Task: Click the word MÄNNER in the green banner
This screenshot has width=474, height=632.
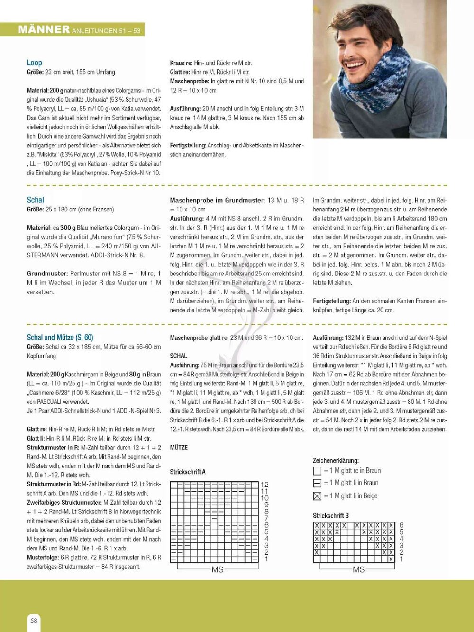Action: [x=44, y=29]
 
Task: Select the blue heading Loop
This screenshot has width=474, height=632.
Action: [x=34, y=63]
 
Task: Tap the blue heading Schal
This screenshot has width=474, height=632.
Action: [x=35, y=200]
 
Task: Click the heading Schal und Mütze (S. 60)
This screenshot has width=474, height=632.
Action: [x=60, y=338]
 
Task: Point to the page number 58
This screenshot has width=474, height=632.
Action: [x=34, y=620]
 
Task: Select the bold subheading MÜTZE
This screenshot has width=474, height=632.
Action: [x=179, y=448]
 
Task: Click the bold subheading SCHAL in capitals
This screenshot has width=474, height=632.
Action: [x=178, y=356]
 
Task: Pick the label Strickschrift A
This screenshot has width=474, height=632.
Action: [x=188, y=472]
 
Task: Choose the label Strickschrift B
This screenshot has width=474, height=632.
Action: [x=330, y=516]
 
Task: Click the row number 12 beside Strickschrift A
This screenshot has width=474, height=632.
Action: [x=264, y=485]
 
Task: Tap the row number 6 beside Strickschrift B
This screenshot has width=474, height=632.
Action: [x=401, y=525]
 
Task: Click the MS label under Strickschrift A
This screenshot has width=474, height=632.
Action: [x=217, y=569]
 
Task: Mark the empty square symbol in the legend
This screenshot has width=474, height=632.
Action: [x=317, y=471]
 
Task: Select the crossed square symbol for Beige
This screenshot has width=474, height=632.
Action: [x=317, y=496]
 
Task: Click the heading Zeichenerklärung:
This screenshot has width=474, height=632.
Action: [x=336, y=460]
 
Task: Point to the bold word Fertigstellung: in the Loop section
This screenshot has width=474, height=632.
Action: [x=188, y=146]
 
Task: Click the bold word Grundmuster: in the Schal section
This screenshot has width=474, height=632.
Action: [x=47, y=274]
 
